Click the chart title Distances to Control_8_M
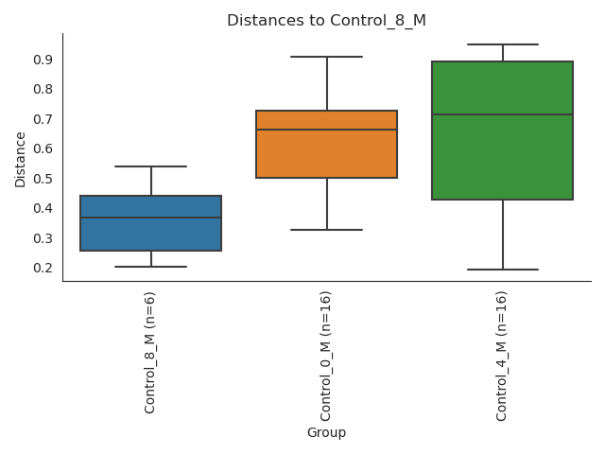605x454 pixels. click(x=326, y=21)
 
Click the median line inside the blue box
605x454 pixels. click(x=151, y=218)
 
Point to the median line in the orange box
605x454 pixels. click(x=326, y=130)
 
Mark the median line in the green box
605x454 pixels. click(x=502, y=114)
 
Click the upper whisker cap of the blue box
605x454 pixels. click(x=151, y=166)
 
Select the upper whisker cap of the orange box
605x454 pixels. click(x=326, y=57)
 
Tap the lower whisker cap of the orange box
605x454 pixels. click(x=326, y=230)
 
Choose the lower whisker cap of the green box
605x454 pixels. click(x=502, y=270)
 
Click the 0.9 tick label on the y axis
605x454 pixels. click(x=42, y=60)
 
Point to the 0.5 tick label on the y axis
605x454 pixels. click(x=42, y=179)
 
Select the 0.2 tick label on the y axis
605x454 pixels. click(x=42, y=268)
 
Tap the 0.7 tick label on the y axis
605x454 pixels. click(x=42, y=119)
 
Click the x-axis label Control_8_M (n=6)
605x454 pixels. click(x=150, y=352)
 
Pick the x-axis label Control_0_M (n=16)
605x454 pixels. click(x=326, y=356)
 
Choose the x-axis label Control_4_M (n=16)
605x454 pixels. click(x=502, y=356)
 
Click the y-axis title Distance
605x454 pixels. click(x=21, y=158)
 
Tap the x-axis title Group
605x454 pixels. click(x=326, y=433)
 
